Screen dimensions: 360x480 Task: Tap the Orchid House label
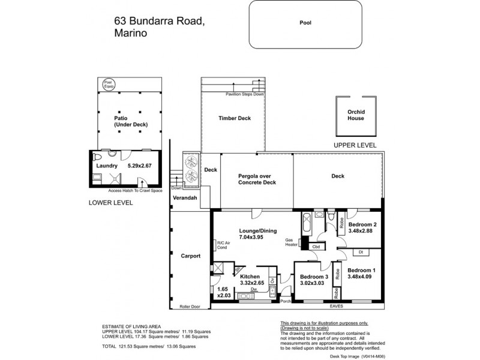click(x=356, y=115)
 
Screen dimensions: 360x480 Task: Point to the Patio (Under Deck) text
click(x=130, y=121)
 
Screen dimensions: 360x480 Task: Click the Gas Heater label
click(x=292, y=242)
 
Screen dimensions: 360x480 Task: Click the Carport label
click(x=190, y=256)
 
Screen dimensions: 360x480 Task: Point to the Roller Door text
click(x=190, y=307)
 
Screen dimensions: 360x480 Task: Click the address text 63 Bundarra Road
click(x=159, y=22)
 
